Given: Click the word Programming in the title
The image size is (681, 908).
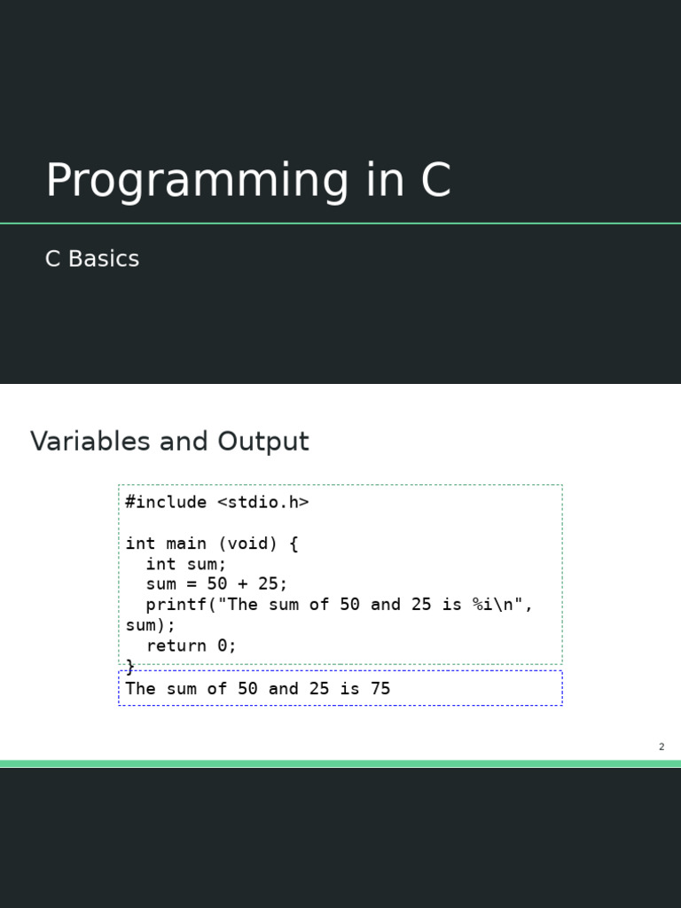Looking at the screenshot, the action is pyautogui.click(x=197, y=181).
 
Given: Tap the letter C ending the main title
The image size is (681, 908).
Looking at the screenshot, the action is pyautogui.click(x=435, y=179).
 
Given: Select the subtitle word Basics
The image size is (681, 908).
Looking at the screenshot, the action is pyautogui.click(x=104, y=258).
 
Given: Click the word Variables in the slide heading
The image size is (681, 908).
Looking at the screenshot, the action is pyautogui.click(x=90, y=441).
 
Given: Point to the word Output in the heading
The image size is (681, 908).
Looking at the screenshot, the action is pyautogui.click(x=263, y=442).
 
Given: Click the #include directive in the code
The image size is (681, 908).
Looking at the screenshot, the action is pyautogui.click(x=166, y=502).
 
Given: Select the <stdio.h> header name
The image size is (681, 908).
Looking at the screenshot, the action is pyautogui.click(x=262, y=502).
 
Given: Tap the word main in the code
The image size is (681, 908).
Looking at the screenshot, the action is pyautogui.click(x=186, y=544).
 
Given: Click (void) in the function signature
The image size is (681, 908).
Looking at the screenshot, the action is pyautogui.click(x=248, y=544).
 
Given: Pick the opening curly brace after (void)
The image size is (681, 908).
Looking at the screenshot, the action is pyautogui.click(x=293, y=544).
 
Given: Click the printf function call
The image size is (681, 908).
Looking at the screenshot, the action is pyautogui.click(x=176, y=605).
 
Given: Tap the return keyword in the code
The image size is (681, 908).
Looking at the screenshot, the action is pyautogui.click(x=176, y=646).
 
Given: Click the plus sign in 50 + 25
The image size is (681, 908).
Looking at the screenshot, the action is pyautogui.click(x=243, y=583).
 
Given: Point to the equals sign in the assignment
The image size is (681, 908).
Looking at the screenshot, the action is pyautogui.click(x=192, y=583).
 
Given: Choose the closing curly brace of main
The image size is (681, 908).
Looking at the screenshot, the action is pyautogui.click(x=130, y=667).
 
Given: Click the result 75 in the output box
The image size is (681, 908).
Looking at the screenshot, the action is pyautogui.click(x=380, y=688).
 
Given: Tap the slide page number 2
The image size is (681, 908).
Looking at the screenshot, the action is pyautogui.click(x=661, y=747).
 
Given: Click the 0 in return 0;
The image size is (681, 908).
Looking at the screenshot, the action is pyautogui.click(x=223, y=646).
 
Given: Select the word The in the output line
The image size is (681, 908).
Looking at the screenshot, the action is pyautogui.click(x=141, y=688).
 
